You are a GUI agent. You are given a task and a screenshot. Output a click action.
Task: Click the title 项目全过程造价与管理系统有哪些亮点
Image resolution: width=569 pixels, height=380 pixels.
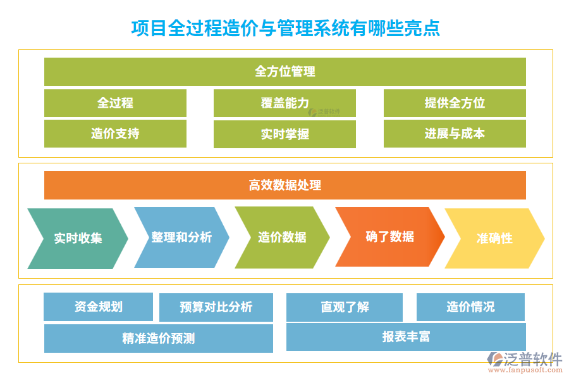[x=284, y=28]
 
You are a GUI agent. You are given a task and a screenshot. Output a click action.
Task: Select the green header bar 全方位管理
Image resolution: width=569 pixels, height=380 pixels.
[x=284, y=72]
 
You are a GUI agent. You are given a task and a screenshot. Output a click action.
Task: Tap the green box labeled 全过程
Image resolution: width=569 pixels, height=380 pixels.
[x=115, y=103]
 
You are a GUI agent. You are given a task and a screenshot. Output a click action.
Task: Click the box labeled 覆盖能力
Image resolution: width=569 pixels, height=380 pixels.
[x=284, y=103]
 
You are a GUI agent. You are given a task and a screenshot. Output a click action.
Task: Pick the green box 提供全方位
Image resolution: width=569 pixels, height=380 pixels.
[x=455, y=103]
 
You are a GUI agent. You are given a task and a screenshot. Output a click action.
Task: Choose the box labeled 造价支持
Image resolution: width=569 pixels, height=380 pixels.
[x=115, y=133]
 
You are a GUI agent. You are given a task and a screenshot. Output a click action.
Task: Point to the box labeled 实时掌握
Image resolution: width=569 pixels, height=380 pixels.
[x=284, y=134]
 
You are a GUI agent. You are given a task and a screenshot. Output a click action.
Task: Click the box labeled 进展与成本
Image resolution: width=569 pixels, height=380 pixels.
[x=455, y=133]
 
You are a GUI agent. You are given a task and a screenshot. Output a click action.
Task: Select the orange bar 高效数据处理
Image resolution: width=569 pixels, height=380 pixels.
[x=284, y=185]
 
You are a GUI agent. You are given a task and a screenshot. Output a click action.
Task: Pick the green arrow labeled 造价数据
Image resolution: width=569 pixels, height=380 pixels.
[x=282, y=237]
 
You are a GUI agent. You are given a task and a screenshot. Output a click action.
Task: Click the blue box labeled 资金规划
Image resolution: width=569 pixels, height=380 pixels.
[x=98, y=307]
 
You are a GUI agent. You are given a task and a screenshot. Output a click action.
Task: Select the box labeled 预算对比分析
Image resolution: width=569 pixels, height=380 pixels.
[x=216, y=307]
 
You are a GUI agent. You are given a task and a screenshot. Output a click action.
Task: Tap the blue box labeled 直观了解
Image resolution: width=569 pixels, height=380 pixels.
[x=345, y=307]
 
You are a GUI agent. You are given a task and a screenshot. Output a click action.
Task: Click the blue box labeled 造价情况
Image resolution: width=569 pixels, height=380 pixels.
[x=470, y=307]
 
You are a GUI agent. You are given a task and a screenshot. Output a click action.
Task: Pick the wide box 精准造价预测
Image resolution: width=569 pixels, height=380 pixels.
[x=158, y=338]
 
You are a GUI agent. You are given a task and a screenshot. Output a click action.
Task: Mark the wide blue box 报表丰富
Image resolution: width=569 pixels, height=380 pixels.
[x=406, y=337]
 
